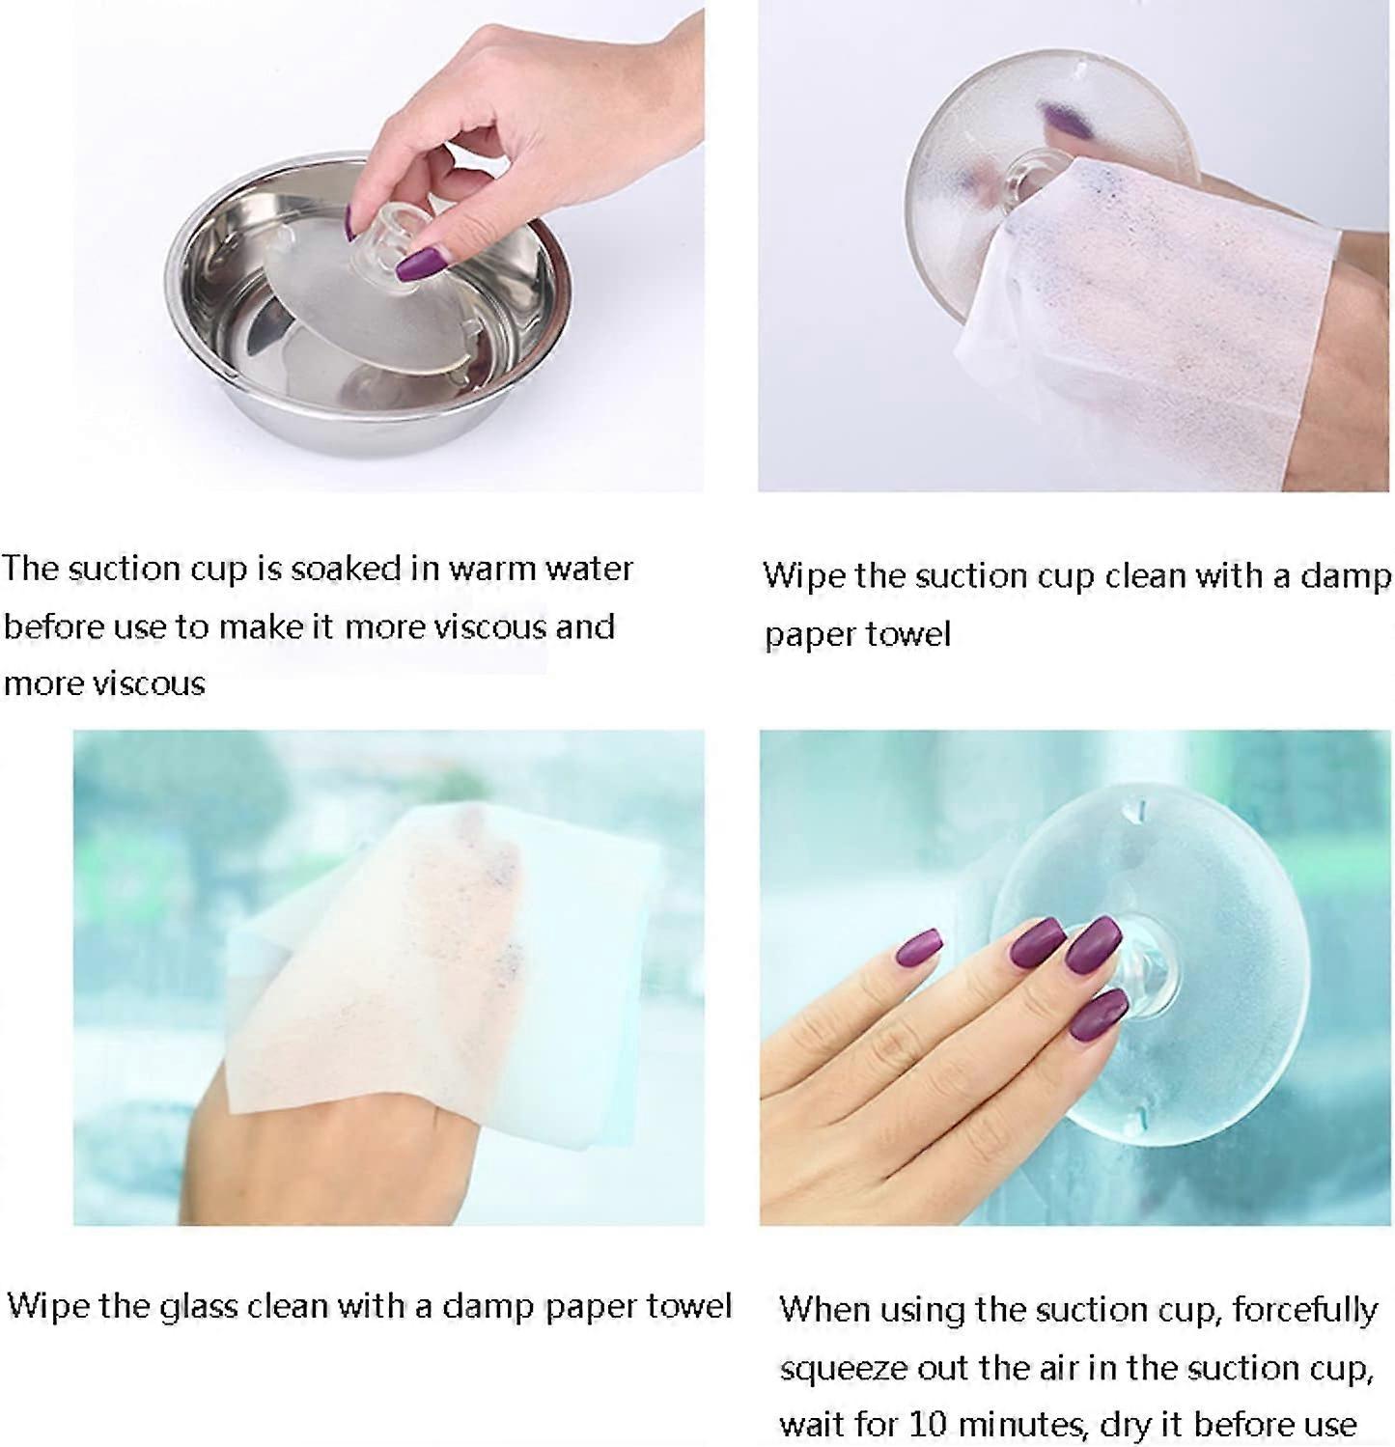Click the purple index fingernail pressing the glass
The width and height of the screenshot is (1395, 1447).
tap(1036, 941)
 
